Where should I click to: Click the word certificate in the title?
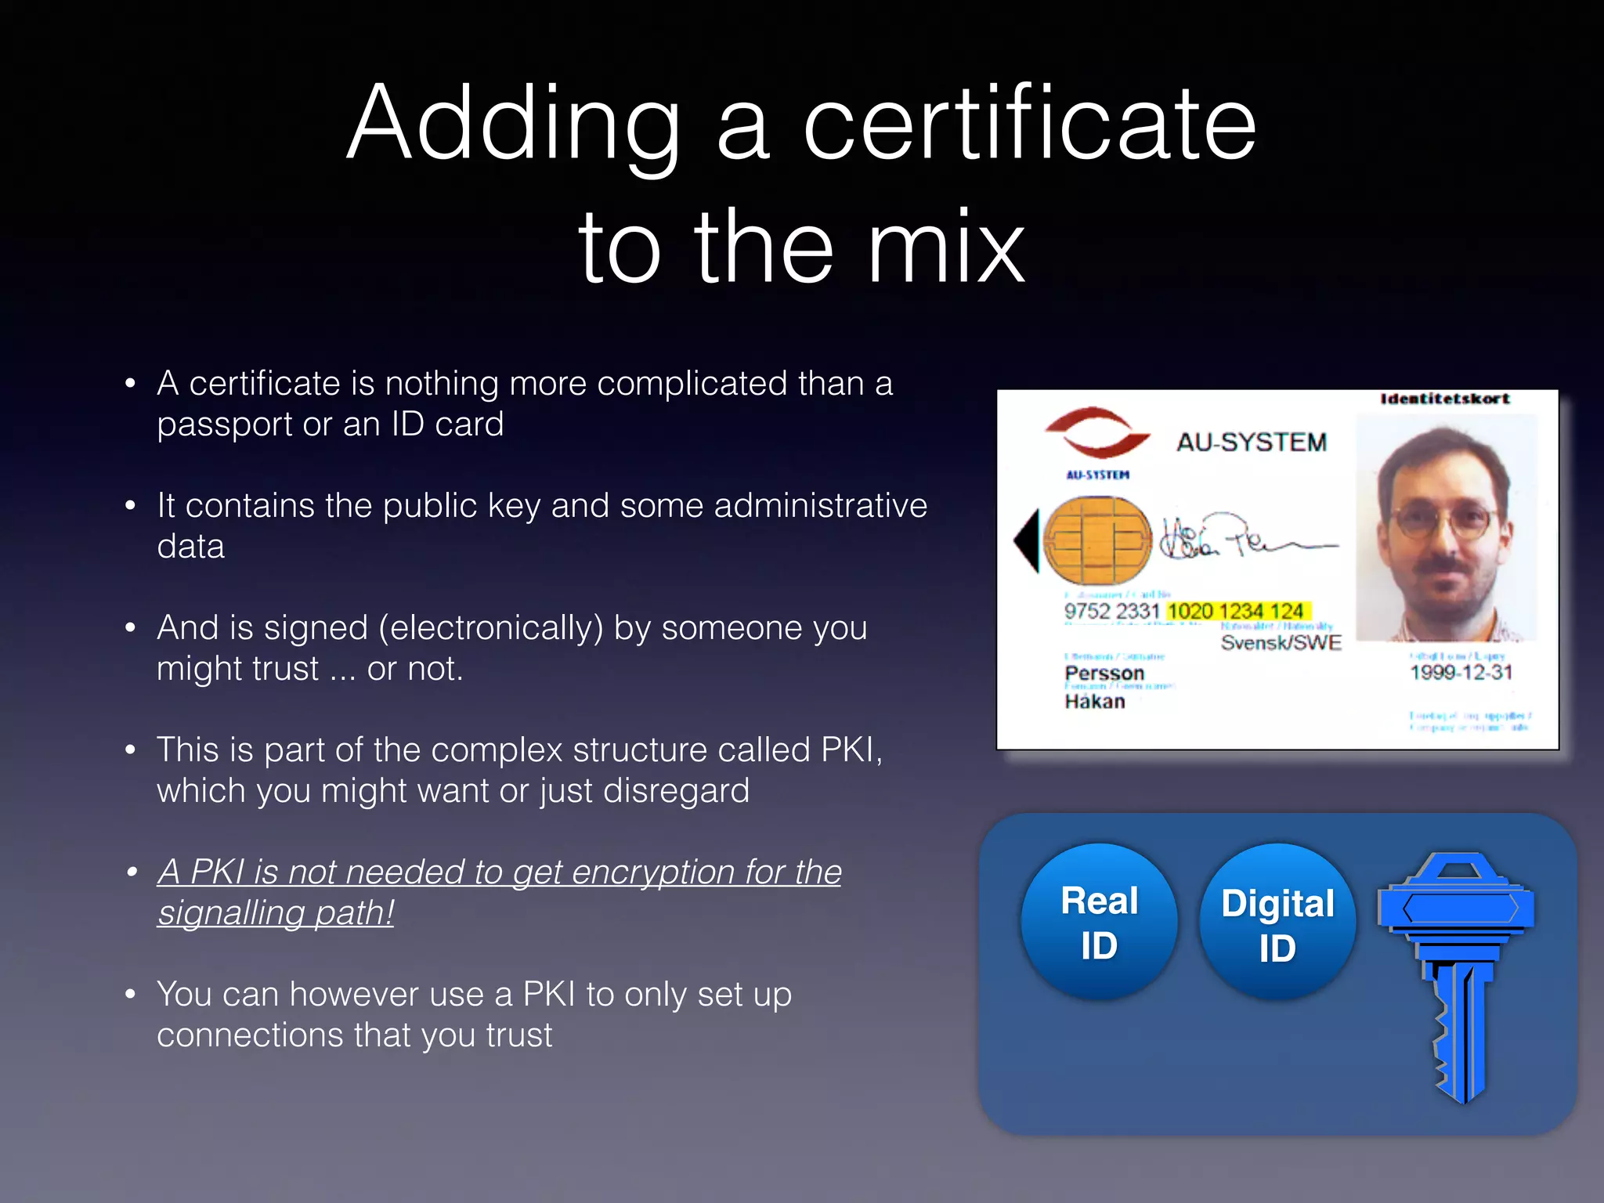tap(1029, 125)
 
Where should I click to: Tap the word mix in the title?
tap(945, 249)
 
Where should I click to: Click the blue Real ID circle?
tap(1099, 922)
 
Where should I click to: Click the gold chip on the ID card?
tap(1098, 540)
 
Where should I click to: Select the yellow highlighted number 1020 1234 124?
tap(1236, 611)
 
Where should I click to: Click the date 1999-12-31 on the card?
tap(1461, 672)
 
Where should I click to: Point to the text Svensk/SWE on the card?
tap(1281, 643)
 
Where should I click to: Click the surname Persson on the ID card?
tap(1104, 674)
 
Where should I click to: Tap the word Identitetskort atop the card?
tap(1445, 399)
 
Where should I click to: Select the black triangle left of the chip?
tap(1027, 540)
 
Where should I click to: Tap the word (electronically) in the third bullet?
tap(491, 628)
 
